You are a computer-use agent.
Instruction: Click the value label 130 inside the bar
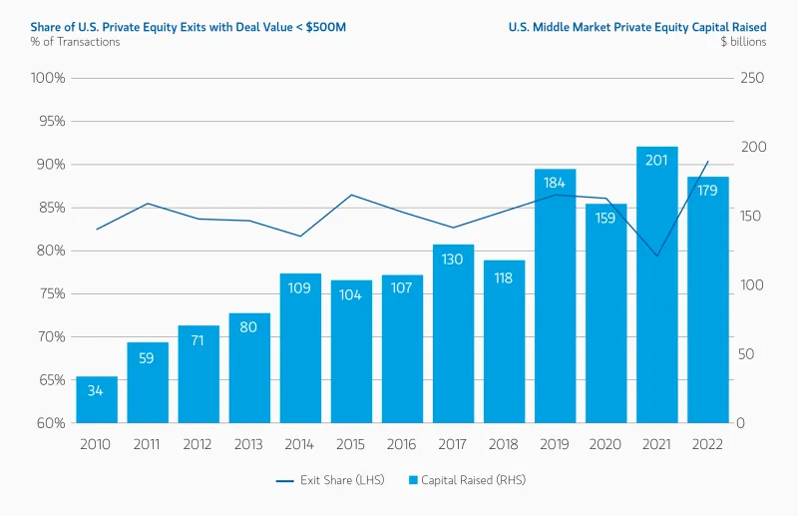click(453, 259)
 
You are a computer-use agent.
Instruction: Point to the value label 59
click(147, 357)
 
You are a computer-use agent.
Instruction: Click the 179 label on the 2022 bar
click(707, 191)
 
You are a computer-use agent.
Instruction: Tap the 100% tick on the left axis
click(48, 78)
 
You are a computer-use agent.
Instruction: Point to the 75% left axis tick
click(49, 293)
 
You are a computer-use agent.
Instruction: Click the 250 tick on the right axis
click(751, 78)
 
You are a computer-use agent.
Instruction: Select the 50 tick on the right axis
click(747, 354)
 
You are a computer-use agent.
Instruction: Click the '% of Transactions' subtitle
click(74, 41)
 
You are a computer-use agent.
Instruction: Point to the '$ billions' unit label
click(742, 41)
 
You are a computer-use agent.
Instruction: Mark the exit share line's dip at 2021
click(657, 256)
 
